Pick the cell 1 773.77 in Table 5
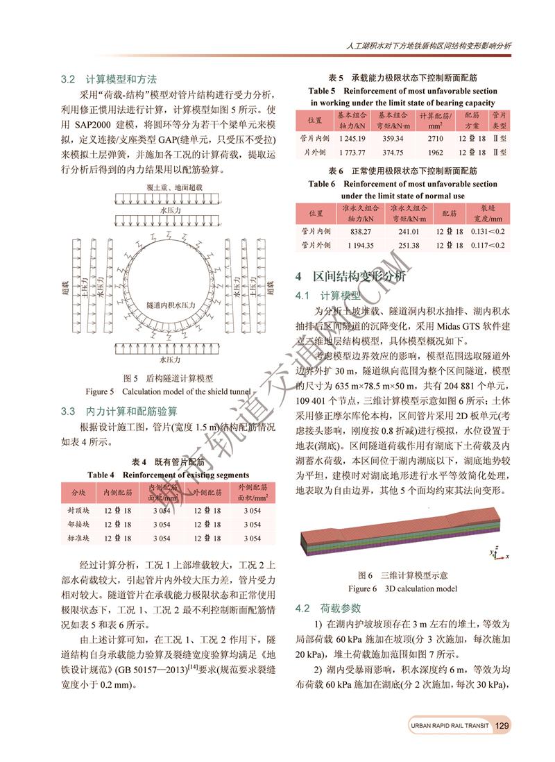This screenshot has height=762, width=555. point(343,152)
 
